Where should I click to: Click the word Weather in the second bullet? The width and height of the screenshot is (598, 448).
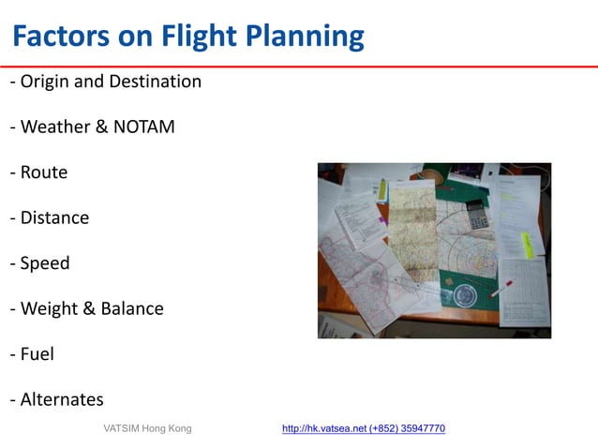coord(55,127)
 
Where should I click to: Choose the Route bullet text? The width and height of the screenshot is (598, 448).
coord(43,172)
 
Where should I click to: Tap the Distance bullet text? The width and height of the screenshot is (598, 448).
coord(54,217)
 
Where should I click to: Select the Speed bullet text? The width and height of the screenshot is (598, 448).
coord(45,263)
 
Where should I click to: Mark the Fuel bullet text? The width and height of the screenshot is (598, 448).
coord(37,354)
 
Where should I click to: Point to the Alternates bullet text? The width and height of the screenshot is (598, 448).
coord(62,399)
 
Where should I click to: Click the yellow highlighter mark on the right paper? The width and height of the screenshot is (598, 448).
coord(528,245)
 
